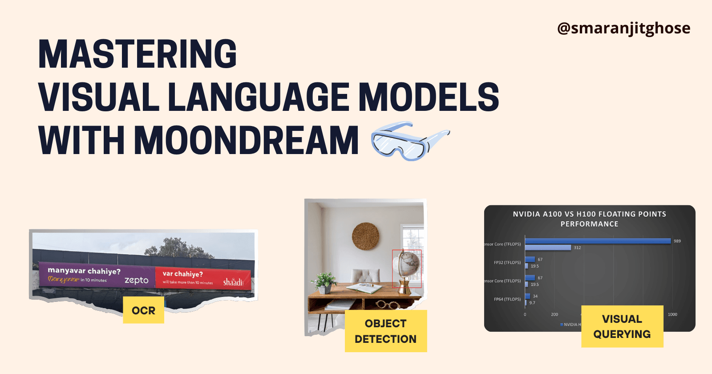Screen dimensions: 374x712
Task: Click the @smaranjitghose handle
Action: click(x=623, y=28)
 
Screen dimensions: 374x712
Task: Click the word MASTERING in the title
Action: click(x=138, y=54)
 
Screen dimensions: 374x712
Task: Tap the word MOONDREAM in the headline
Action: click(x=246, y=141)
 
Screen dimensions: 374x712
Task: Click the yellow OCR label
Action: click(x=143, y=310)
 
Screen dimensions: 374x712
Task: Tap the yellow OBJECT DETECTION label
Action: click(x=385, y=331)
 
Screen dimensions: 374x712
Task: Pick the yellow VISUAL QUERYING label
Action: click(x=622, y=326)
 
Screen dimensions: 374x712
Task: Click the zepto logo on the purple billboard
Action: click(x=136, y=280)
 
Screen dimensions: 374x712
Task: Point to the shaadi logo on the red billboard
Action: click(x=233, y=282)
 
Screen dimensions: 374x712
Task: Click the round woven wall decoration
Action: click(x=365, y=236)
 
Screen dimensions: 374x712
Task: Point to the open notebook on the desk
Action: click(x=364, y=288)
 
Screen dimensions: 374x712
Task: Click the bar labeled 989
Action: click(x=598, y=241)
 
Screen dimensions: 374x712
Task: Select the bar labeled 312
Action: click(x=548, y=248)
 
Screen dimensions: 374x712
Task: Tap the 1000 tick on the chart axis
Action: click(x=672, y=314)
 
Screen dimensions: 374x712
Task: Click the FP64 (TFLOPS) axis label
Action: click(x=507, y=299)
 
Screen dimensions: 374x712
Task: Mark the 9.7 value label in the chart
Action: click(x=532, y=303)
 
